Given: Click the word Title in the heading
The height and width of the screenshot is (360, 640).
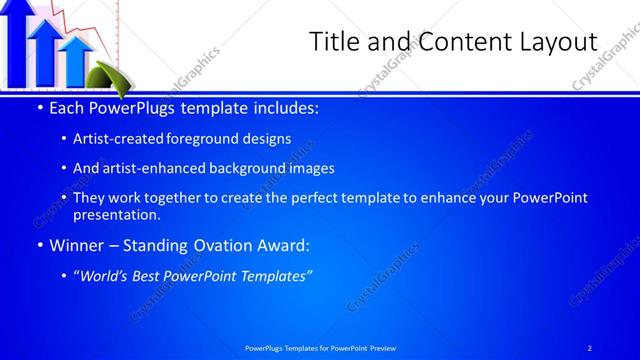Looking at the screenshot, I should (334, 42).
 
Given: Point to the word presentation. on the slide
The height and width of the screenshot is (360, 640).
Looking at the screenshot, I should (117, 214).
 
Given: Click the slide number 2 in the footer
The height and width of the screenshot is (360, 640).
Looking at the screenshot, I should (589, 347).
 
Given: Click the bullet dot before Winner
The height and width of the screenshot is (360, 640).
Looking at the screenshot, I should (39, 245).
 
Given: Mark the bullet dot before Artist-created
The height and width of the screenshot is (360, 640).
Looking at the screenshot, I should (64, 139).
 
